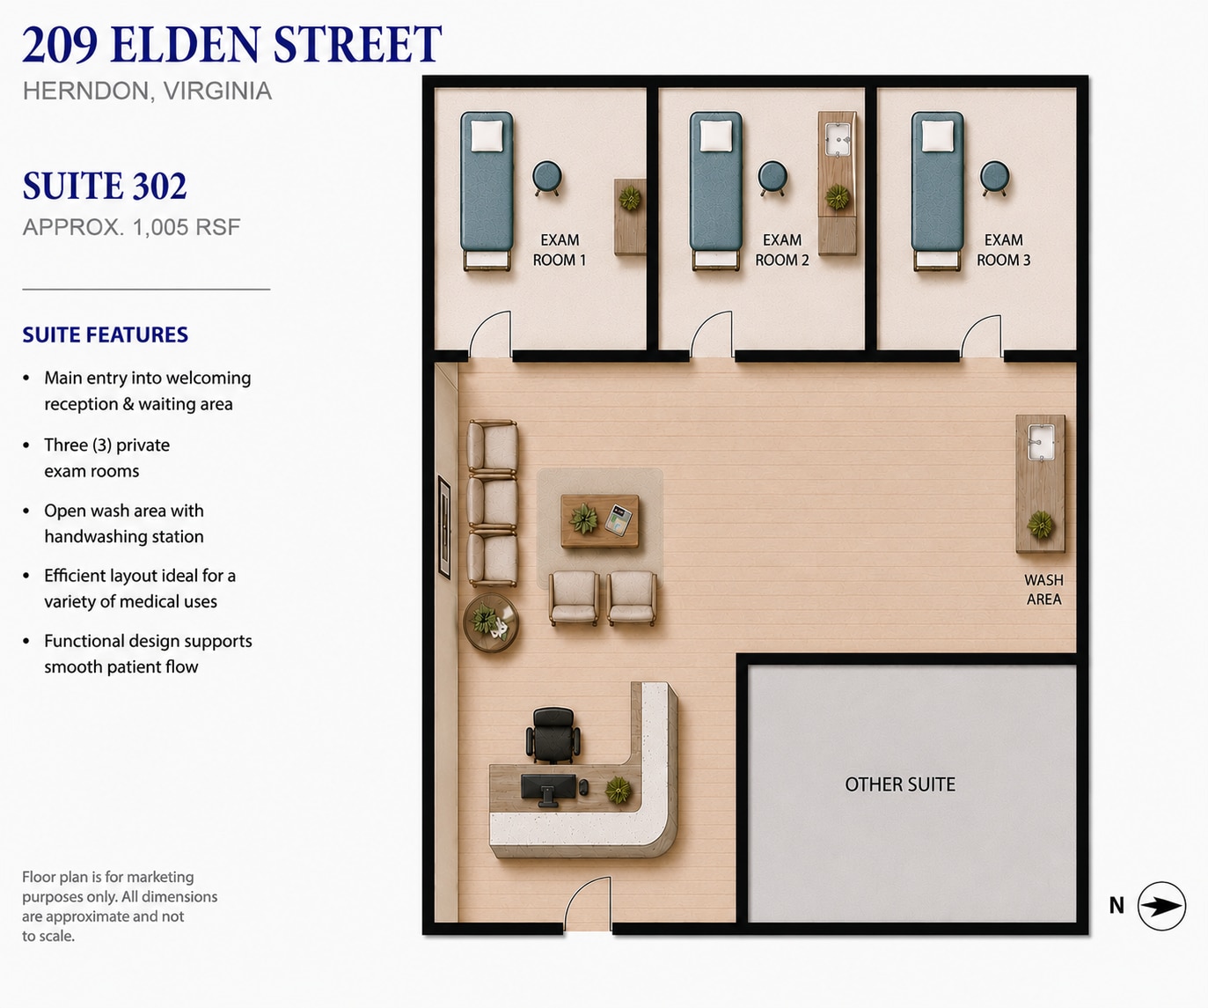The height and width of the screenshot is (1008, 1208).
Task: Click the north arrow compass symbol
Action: (1161, 906)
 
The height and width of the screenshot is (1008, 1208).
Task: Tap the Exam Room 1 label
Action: (560, 250)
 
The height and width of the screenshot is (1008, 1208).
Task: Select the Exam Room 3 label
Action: (1004, 250)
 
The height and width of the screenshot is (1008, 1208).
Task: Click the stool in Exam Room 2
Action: (772, 178)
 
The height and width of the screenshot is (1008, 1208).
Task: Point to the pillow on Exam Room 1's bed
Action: (487, 136)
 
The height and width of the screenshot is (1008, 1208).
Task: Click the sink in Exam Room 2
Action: (837, 139)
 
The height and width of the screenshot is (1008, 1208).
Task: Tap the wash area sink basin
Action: (1041, 443)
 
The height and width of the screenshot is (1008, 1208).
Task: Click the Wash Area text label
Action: (1043, 590)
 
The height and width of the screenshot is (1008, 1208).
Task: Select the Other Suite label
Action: (900, 784)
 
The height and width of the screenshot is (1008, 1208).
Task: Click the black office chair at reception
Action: (553, 734)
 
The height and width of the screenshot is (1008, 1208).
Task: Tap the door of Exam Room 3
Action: (981, 335)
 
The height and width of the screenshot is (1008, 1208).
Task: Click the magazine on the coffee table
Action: (619, 519)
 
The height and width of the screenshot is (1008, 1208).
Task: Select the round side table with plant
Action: (491, 623)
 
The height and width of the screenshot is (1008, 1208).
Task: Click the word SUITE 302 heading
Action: (105, 186)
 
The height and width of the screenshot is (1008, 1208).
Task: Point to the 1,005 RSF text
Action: (187, 227)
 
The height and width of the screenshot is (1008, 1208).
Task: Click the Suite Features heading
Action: (106, 335)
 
